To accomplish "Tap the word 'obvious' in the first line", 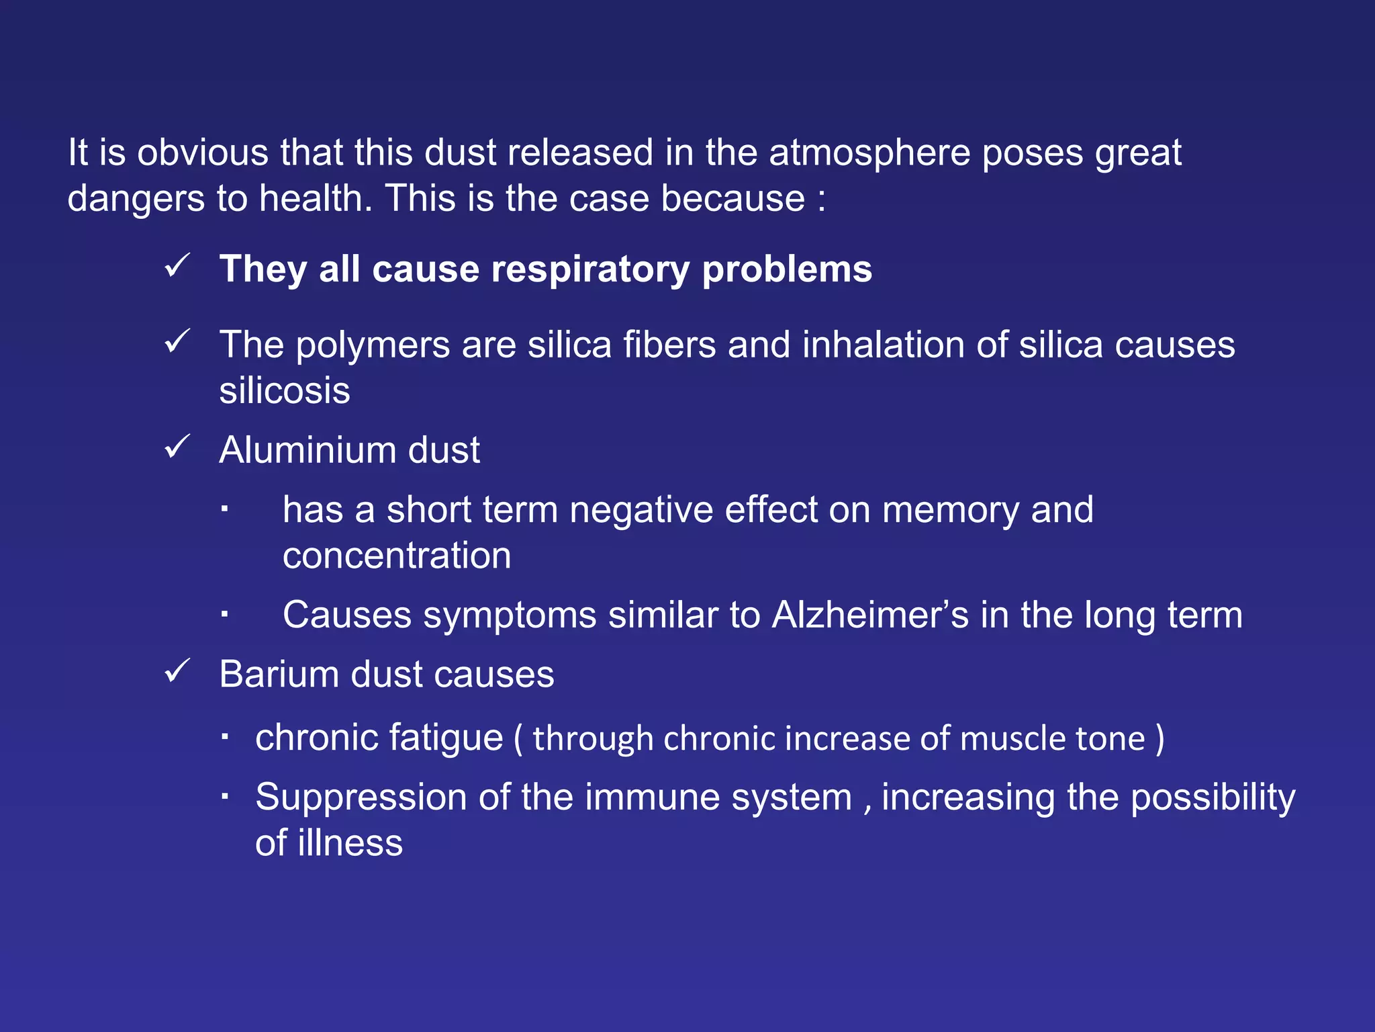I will [x=203, y=153].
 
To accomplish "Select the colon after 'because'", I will [x=821, y=200].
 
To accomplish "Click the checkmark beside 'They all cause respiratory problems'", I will [x=177, y=266].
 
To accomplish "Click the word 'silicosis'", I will [x=285, y=391].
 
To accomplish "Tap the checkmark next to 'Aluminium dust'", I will [x=177, y=447].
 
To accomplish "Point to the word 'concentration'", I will [x=397, y=556].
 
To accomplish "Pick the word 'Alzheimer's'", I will [x=870, y=615].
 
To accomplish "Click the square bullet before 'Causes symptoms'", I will [x=225, y=613].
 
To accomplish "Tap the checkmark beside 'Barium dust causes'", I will [x=177, y=671].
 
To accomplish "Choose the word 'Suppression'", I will [x=361, y=798].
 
